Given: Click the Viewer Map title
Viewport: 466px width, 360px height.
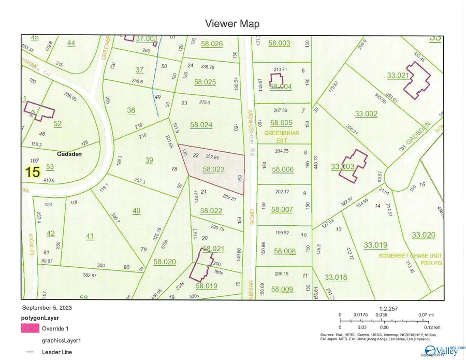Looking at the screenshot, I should coord(232,23).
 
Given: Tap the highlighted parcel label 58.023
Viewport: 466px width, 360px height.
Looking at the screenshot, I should coord(213,169).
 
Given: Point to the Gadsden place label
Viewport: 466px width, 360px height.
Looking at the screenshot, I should coord(70,154).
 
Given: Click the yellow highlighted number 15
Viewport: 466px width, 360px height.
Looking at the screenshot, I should coord(33,172).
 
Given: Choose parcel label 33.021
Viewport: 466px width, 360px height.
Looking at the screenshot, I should coord(398,75).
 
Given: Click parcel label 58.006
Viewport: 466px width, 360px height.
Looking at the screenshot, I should coord(283,169).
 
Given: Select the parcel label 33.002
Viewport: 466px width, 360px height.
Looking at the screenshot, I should coord(366,113).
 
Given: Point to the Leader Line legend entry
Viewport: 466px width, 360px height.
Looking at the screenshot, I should coord(57,352).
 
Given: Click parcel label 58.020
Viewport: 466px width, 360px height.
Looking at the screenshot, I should coord(165,262).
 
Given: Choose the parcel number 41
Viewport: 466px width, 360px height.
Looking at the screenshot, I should coord(90,236).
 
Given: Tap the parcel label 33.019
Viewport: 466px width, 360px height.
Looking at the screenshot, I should coord(375,245).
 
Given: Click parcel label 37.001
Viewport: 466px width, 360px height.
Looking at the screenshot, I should coord(147,38).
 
